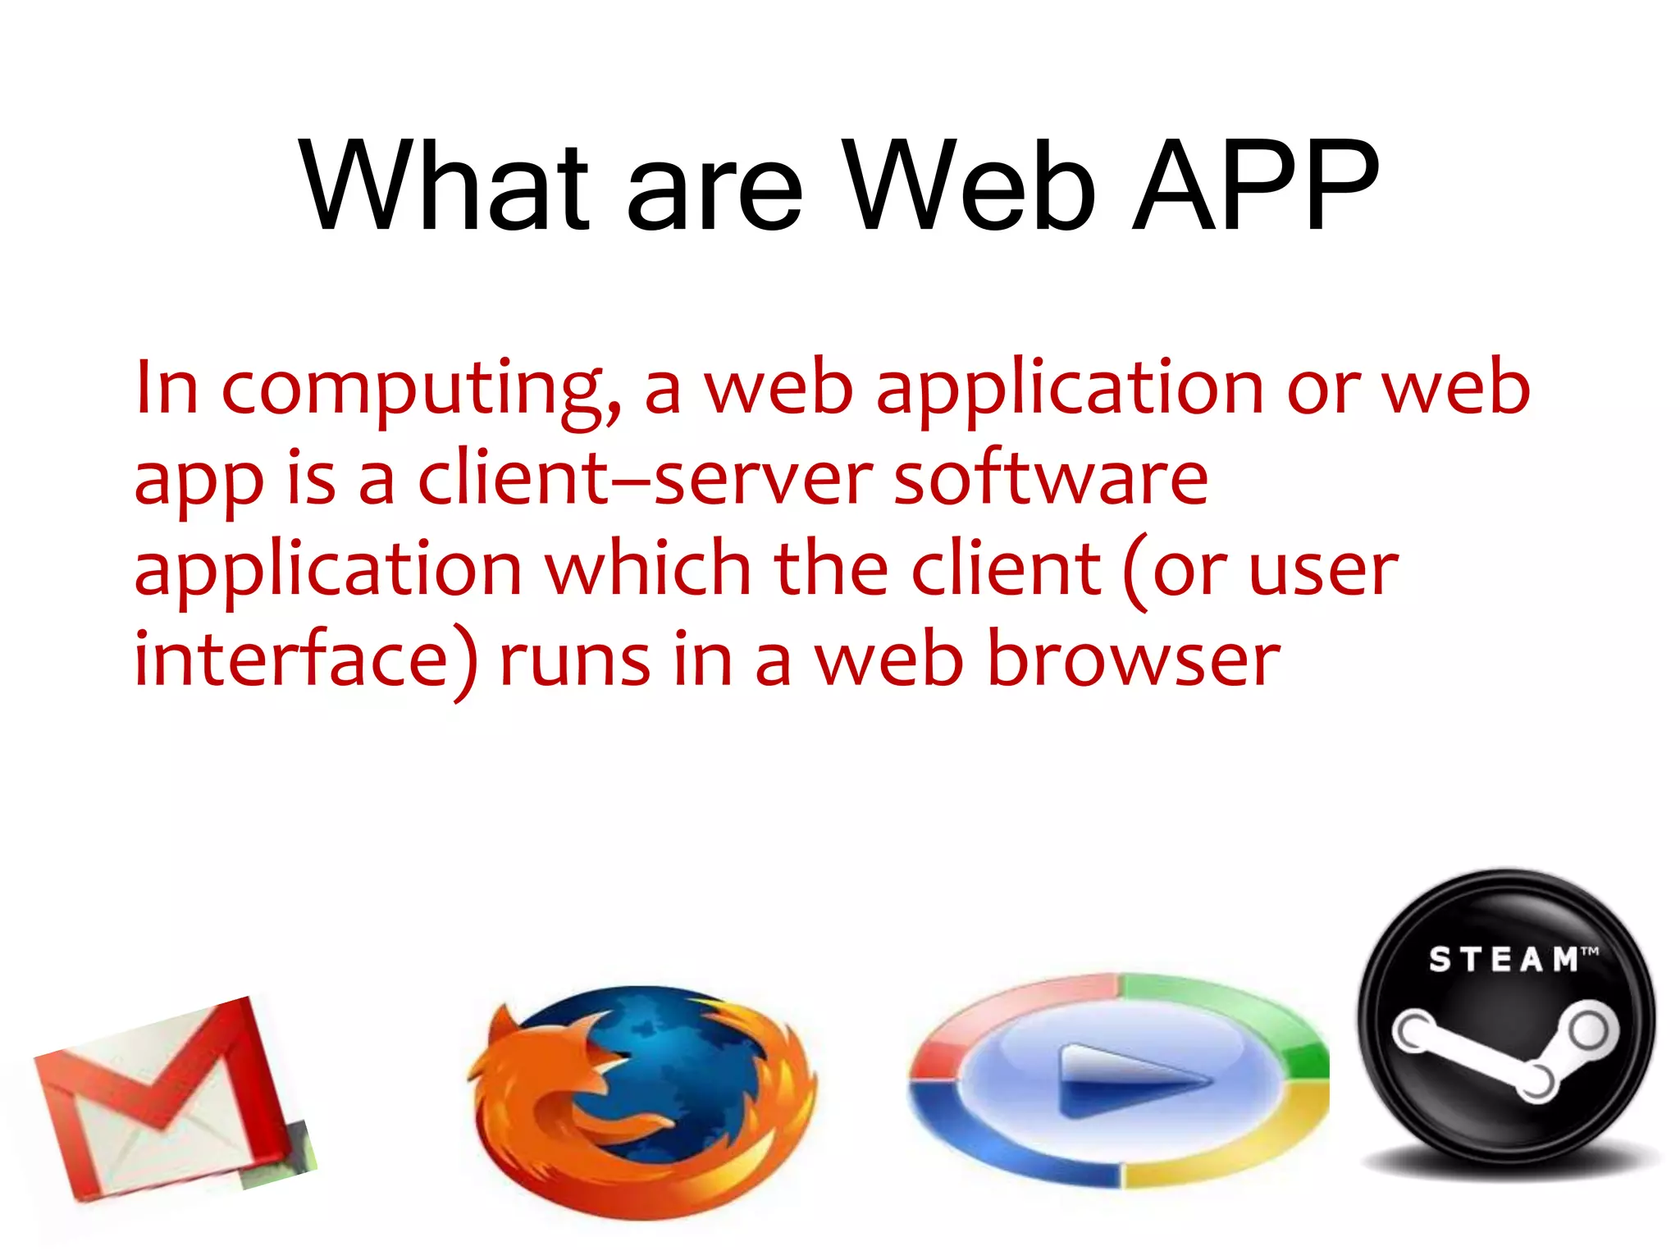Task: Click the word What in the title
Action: (x=444, y=186)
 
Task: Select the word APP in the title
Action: (x=1254, y=186)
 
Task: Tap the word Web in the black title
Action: (x=969, y=186)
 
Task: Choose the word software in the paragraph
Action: (x=1050, y=479)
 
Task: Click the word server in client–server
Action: (x=763, y=481)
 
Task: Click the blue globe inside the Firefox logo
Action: (x=673, y=1058)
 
